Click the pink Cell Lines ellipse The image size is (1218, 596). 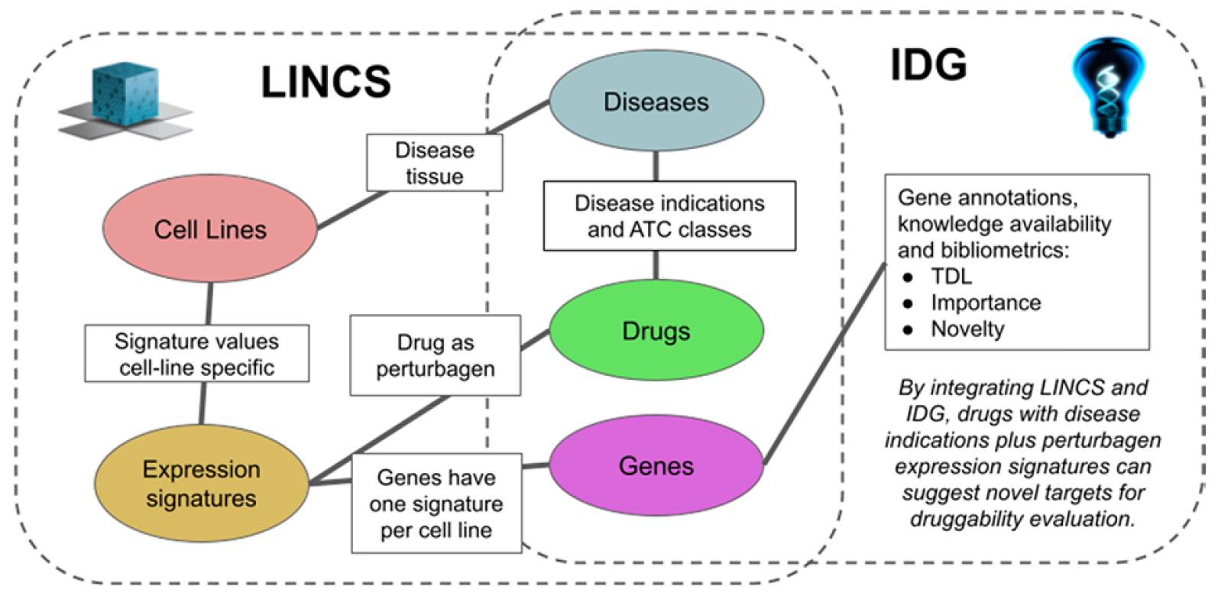[210, 228]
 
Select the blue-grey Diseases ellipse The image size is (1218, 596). [656, 101]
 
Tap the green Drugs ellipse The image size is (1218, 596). [656, 330]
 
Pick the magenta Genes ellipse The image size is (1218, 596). [656, 465]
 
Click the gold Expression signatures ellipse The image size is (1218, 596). [202, 483]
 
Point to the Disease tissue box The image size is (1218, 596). [435, 163]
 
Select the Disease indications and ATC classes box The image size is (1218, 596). [669, 216]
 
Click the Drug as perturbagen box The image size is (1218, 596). [435, 355]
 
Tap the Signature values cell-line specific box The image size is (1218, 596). [197, 354]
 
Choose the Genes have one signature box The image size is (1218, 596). [436, 503]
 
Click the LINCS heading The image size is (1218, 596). [326, 82]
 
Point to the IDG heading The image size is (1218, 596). [928, 65]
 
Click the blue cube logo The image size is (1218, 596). [126, 101]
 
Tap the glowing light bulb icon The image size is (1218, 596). [1109, 87]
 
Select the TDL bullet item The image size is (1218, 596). [951, 277]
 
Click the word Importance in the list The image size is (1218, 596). [986, 303]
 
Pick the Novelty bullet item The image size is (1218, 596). [967, 329]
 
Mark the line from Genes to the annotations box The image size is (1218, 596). [825, 364]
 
